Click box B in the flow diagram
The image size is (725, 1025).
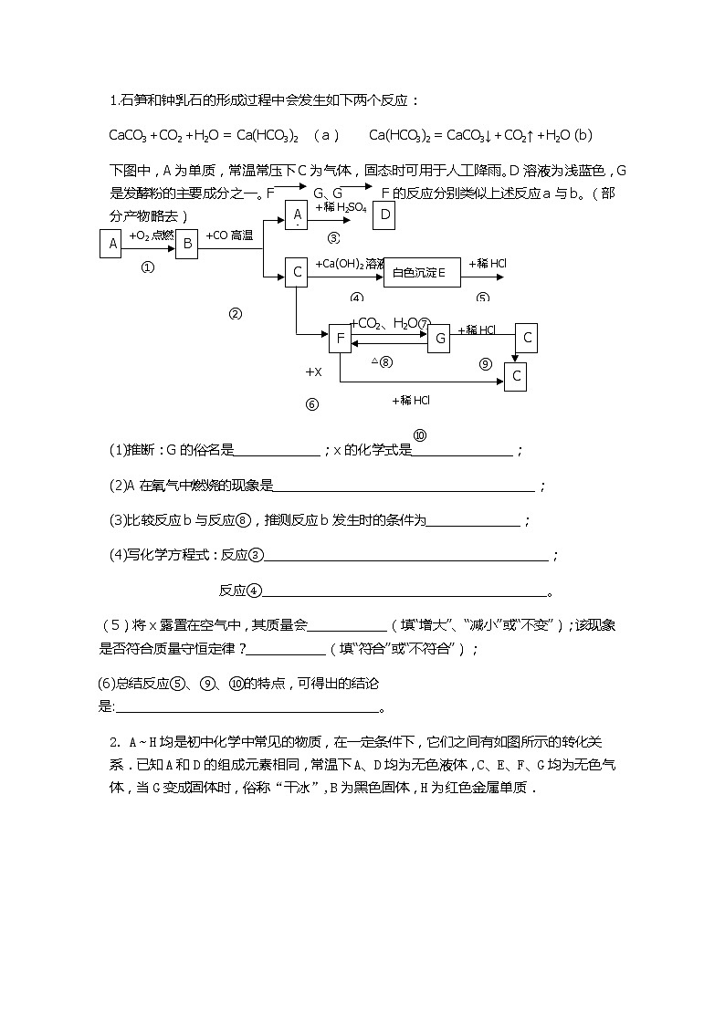[x=186, y=244]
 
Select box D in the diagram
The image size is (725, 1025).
[x=384, y=214]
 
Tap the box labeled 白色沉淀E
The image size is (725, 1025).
[x=421, y=272]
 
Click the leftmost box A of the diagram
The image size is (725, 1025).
[x=110, y=244]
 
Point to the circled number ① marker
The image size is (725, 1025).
[x=148, y=268]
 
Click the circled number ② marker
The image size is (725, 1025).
[x=236, y=314]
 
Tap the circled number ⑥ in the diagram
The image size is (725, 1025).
[x=312, y=405]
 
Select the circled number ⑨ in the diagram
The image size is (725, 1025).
[x=486, y=363]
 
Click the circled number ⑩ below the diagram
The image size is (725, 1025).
[x=420, y=435]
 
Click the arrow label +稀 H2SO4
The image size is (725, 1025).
[x=341, y=208]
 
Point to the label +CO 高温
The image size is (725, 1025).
[x=229, y=235]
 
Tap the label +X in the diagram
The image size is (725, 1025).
[x=313, y=372]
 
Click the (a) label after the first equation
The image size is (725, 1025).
[x=326, y=136]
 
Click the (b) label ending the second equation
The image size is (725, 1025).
[x=583, y=136]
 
